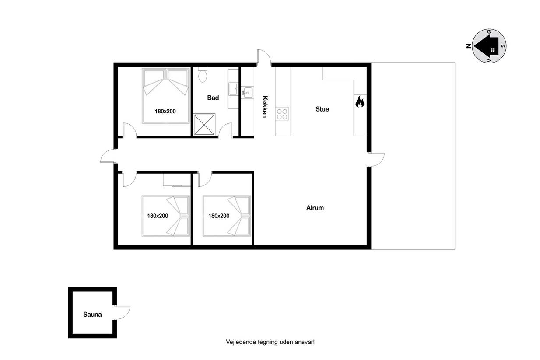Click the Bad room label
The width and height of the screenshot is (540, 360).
(x=213, y=98)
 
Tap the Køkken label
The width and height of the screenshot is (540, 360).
(x=265, y=106)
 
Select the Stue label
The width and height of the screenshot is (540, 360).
(x=323, y=109)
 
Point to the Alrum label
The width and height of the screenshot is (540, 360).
(x=315, y=208)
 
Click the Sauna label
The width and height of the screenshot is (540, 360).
(x=92, y=314)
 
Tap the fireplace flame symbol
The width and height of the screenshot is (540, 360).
(x=360, y=101)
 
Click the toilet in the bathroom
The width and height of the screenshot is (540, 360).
(x=203, y=75)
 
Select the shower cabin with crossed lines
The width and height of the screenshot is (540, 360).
(x=204, y=124)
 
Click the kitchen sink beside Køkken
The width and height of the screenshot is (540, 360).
(x=247, y=92)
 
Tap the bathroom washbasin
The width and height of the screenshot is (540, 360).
(x=233, y=89)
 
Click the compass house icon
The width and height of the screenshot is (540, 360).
(x=487, y=46)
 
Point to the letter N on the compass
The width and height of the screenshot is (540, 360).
(x=469, y=46)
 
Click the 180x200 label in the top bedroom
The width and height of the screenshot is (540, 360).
(x=165, y=112)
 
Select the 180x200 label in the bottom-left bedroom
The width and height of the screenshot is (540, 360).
(x=158, y=216)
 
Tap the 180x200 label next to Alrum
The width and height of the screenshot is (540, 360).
(x=219, y=216)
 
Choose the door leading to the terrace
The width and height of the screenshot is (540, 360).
(x=376, y=160)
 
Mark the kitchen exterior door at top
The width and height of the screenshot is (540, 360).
(x=264, y=58)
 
